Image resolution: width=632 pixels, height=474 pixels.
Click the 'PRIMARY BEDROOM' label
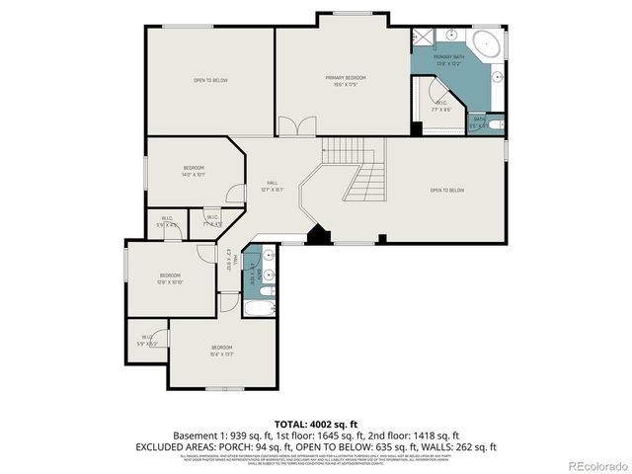346,79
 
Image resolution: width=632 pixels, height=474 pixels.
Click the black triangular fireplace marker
317,235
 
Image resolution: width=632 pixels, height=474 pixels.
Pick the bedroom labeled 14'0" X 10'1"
194,172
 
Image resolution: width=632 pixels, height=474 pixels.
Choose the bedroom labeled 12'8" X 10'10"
171,278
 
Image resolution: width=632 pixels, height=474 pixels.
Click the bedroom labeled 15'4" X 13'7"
221,350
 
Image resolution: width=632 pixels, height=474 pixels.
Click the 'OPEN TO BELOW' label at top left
210,80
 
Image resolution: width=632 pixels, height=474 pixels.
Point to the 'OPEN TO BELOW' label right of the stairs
446,190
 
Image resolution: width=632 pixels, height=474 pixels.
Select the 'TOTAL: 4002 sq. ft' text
316,423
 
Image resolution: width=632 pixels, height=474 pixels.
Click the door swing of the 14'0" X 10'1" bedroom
235,195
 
